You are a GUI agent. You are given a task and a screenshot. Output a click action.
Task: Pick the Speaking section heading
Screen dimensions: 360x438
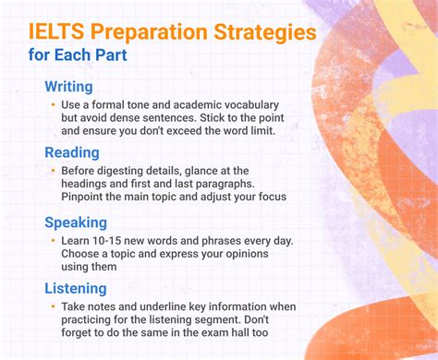pyautogui.click(x=77, y=222)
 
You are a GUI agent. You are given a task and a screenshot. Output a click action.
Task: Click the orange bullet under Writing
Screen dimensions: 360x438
pyautogui.click(x=53, y=105)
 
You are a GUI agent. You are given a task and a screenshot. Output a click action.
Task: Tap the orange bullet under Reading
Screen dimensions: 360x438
pyautogui.click(x=53, y=171)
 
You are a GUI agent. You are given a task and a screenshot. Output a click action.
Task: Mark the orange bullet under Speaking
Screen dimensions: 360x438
pyautogui.click(x=53, y=241)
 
